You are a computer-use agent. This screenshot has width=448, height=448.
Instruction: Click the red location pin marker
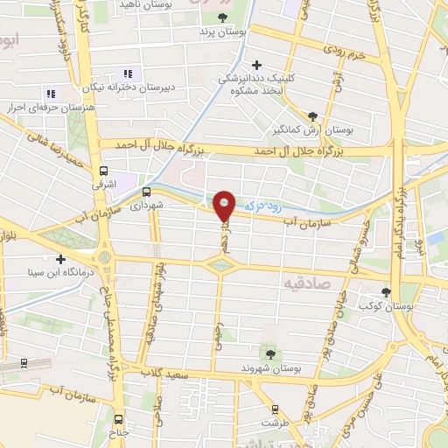224,205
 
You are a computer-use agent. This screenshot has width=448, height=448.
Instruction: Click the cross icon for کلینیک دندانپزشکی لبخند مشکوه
255,64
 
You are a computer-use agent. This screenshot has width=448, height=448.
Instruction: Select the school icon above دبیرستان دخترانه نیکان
128,73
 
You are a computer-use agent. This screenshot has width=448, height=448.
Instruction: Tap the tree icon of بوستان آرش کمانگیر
313,115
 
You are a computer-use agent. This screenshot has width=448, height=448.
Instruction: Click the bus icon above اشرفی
104,171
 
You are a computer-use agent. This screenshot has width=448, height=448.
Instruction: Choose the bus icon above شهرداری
146,192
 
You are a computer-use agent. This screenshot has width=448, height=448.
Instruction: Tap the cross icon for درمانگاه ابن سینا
59,259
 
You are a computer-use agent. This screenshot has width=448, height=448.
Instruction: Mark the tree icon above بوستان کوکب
387,292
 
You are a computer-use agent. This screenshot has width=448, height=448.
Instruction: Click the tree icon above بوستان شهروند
269,354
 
